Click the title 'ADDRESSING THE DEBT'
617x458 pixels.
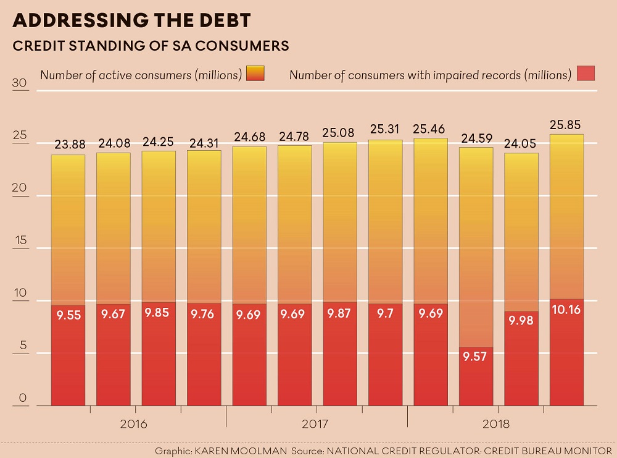[x=131, y=20]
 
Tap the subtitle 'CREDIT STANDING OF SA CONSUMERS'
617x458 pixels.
[x=151, y=46]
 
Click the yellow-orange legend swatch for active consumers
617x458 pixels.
[x=255, y=74]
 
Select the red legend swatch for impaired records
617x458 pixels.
[x=586, y=74]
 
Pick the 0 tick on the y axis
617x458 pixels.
[x=23, y=399]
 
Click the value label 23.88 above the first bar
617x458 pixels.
[x=68, y=145]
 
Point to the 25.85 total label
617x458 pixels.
[x=566, y=125]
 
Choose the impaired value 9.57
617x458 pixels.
[x=476, y=357]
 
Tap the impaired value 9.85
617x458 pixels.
[x=159, y=313]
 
